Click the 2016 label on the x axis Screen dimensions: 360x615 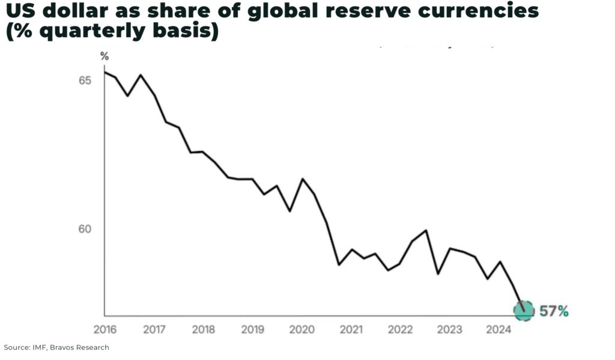105,329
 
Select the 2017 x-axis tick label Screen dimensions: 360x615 154,329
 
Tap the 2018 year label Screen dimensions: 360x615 204,329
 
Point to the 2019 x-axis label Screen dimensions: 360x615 253,329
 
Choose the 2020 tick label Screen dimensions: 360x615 302,329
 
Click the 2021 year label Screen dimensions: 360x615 351,329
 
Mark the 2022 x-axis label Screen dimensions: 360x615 400,329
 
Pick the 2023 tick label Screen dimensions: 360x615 449,329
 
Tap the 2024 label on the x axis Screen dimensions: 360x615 498,329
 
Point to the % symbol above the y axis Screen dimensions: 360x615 105,56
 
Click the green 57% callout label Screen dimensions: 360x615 554,311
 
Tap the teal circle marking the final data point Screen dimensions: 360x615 524,311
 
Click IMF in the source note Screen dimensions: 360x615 41,347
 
